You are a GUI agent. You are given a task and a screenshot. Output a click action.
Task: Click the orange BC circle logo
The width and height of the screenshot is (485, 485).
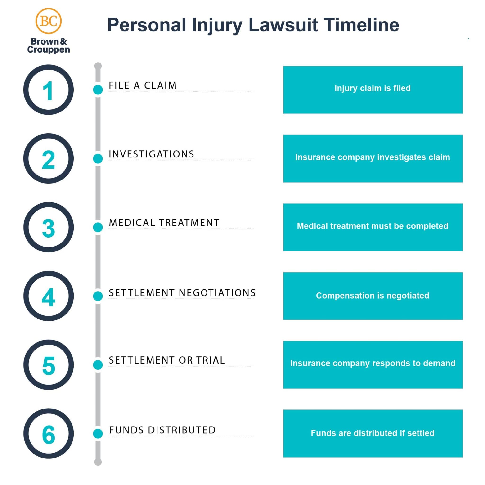tap(49, 21)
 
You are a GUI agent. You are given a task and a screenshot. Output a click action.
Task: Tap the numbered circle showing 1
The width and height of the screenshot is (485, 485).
tap(49, 90)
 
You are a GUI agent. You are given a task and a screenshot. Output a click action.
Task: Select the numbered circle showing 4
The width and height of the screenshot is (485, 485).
tap(49, 296)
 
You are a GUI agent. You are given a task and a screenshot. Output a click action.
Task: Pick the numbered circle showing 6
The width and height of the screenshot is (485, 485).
tap(49, 434)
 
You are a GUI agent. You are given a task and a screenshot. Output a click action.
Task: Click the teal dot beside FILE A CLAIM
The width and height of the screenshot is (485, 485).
tap(98, 90)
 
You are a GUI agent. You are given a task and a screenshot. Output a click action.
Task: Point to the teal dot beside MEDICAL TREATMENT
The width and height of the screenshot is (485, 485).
tap(98, 227)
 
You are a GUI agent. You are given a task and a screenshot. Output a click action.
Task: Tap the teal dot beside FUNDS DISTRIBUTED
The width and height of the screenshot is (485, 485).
tap(98, 434)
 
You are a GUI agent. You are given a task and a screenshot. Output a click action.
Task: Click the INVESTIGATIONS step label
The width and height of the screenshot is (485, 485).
tap(151, 154)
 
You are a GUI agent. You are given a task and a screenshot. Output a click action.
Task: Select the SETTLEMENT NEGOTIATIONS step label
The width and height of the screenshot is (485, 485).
tap(182, 293)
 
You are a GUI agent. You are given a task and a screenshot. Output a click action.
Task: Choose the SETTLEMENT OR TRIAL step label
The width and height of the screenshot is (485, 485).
tap(167, 360)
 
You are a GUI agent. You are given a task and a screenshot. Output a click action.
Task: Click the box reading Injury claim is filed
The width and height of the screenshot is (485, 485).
tap(373, 90)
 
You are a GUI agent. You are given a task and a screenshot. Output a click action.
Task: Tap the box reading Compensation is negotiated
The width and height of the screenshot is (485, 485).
tap(373, 296)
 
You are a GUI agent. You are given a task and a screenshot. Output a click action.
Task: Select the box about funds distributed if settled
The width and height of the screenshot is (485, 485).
tap(373, 434)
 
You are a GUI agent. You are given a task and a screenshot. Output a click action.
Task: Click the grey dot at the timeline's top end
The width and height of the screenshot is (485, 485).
tap(98, 66)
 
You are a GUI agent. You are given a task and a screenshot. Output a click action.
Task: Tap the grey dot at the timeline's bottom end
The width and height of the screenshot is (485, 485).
tap(98, 462)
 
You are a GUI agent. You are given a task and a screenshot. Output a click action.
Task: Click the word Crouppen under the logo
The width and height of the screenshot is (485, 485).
tap(49, 50)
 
